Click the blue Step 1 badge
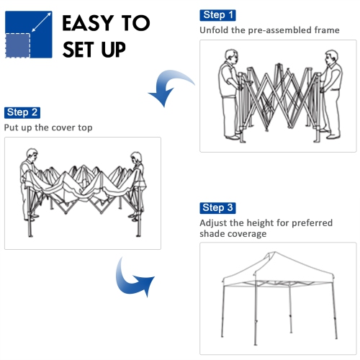219,15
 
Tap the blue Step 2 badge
22,112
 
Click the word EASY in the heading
93,23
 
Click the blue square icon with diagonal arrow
28,34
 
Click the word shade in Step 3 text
213,234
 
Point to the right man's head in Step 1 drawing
330,57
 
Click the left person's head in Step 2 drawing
30,154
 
